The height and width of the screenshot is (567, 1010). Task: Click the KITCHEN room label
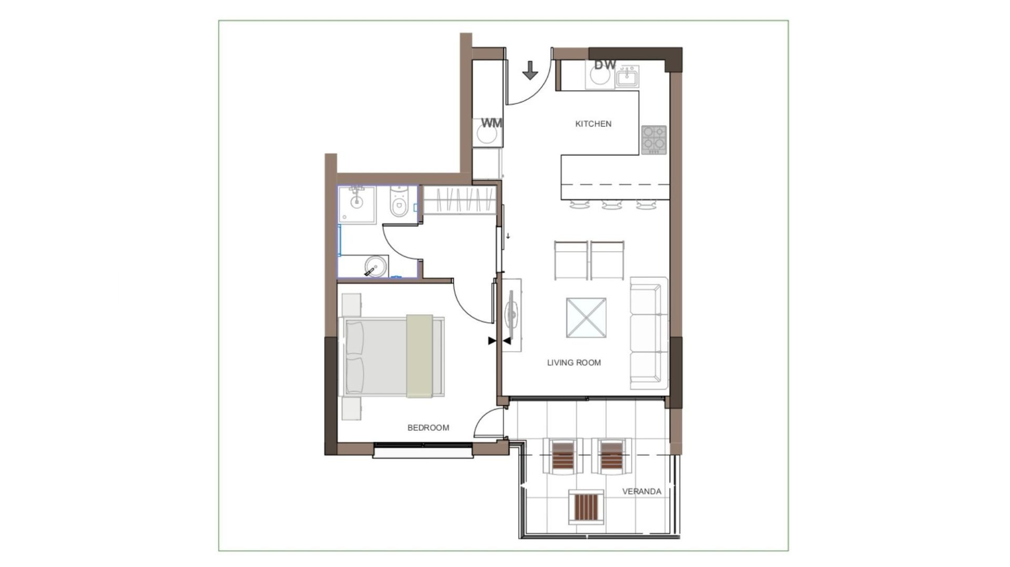593,124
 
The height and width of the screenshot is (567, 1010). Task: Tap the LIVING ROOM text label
574,363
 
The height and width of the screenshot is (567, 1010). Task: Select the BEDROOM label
428,428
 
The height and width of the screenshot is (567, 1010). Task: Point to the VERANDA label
642,491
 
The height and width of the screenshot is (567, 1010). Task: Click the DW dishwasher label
605,65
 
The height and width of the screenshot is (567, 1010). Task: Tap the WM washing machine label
492,123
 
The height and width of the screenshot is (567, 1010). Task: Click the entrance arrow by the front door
530,70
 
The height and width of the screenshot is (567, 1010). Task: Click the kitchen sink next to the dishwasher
628,77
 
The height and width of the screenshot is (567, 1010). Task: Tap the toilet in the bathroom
400,202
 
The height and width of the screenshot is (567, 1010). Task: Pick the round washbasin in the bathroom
375,266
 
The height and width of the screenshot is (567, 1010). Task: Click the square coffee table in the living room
586,318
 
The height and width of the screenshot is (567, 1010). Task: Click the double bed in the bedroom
393,356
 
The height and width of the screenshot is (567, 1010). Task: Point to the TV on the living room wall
511,315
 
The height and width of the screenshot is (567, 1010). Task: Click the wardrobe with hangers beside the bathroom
460,200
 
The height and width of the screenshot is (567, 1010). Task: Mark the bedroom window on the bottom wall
423,450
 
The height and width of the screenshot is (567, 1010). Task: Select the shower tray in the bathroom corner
357,204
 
